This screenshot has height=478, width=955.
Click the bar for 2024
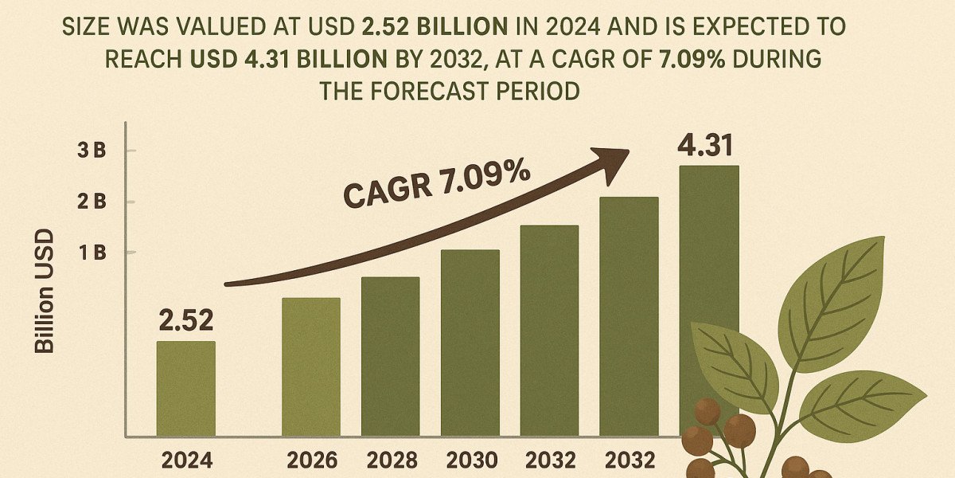coord(185,389)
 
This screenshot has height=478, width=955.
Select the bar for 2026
coord(311,366)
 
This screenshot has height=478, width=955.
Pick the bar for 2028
coord(390,356)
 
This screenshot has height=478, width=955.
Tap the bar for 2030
coord(470,343)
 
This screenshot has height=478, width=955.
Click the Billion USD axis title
coord(45,292)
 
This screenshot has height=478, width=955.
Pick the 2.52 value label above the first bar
coord(185,320)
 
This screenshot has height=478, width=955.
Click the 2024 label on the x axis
coord(185,460)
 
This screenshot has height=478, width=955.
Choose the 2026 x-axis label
coord(311,460)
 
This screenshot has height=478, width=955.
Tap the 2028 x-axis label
coord(390,460)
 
